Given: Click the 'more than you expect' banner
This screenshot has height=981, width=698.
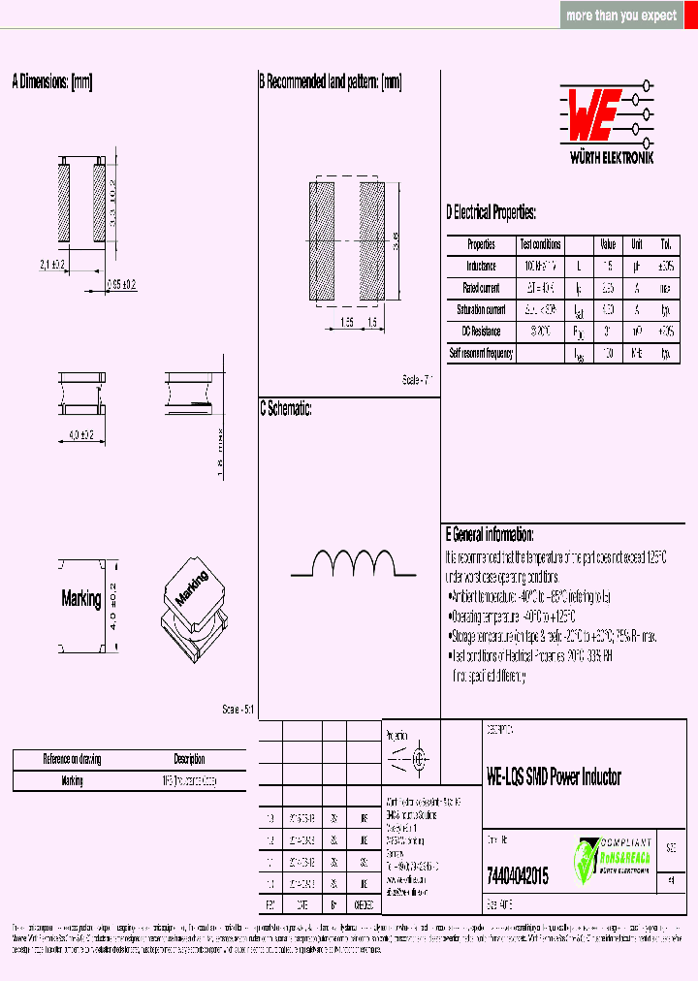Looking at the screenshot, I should point(621,16).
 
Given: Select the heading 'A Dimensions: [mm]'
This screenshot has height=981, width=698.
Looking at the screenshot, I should point(52,83).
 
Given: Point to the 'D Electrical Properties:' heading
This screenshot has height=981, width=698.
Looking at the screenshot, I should point(491,213).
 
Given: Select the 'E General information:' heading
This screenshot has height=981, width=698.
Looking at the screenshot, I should point(490,534).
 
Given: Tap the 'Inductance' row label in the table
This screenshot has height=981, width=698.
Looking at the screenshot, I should point(481,267).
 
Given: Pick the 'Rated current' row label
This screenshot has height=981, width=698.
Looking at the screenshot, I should point(481,288).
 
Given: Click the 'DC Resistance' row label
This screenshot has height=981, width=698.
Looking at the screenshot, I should point(481,332).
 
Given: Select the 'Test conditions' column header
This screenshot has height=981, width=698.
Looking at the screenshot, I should point(540,245).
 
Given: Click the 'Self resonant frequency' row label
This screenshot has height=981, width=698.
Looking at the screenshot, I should point(481,354).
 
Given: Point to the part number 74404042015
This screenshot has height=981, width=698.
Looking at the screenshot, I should point(517,875).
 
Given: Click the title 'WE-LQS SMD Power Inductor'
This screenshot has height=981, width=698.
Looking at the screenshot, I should point(554,776).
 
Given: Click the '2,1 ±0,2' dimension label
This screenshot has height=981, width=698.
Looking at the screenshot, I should point(51,265).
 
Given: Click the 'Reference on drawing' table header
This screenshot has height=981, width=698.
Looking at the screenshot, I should point(72,759).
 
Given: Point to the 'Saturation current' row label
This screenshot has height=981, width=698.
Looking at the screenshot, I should point(481,310).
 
